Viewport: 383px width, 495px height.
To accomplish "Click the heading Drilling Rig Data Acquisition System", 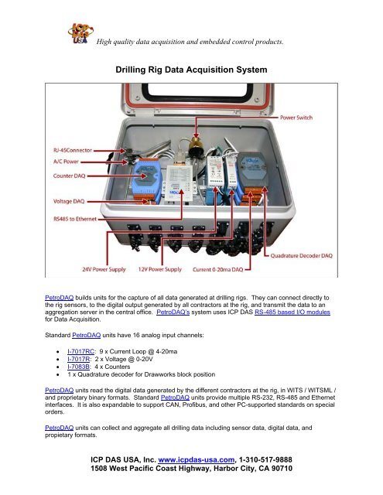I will click(191, 70).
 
